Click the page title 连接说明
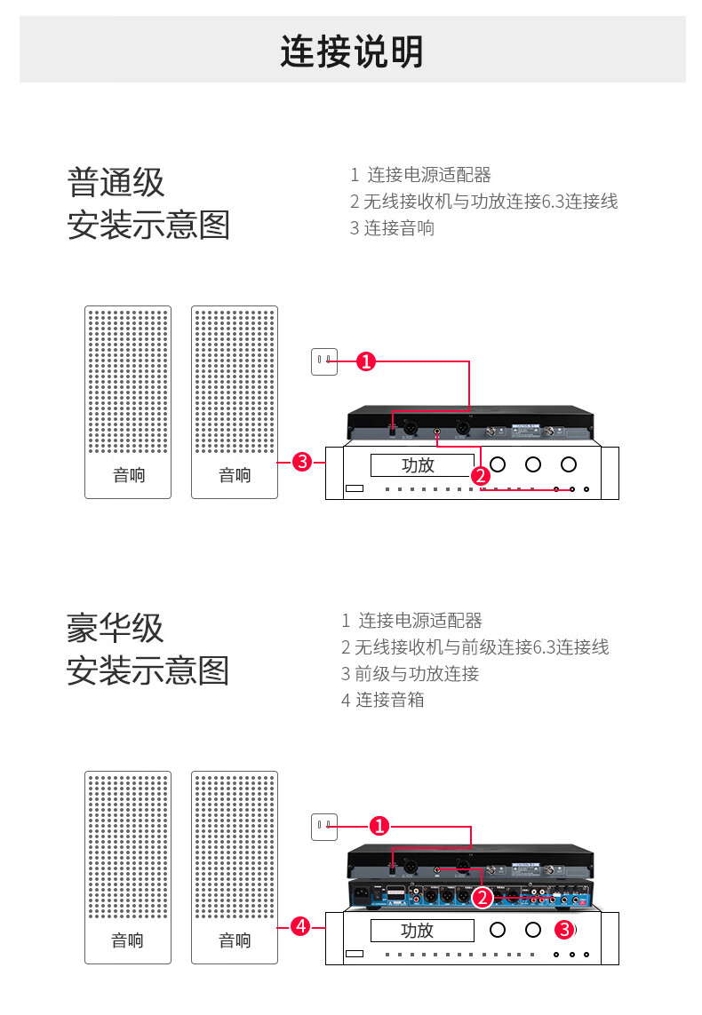[x=352, y=52]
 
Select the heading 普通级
[x=116, y=183]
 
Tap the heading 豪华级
[x=116, y=629]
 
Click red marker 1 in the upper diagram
[x=366, y=361]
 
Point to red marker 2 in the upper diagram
[x=481, y=476]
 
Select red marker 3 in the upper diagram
[x=302, y=462]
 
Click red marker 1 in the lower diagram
[x=379, y=827]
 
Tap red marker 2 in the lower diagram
[x=482, y=898]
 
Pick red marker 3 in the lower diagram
[x=563, y=930]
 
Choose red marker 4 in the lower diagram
[x=301, y=926]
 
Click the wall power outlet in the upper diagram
[x=324, y=361]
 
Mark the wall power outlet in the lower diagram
[x=324, y=827]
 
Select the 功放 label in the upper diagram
[x=418, y=465]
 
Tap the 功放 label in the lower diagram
[x=418, y=931]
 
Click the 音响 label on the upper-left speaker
[x=128, y=475]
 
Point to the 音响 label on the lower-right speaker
[x=235, y=940]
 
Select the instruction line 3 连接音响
[x=392, y=228]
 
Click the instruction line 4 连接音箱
[x=383, y=700]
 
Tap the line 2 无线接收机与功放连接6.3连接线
[x=483, y=202]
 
